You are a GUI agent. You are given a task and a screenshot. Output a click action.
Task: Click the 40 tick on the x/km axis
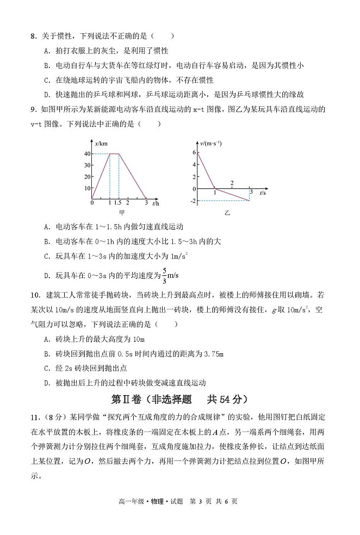pyautogui.click(x=86, y=153)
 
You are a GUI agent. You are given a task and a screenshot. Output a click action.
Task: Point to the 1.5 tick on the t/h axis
pyautogui.click(x=118, y=203)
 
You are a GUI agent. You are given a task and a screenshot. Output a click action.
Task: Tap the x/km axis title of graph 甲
pyautogui.click(x=101, y=144)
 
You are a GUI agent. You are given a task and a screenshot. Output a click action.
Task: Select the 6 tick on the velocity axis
pyautogui.click(x=193, y=152)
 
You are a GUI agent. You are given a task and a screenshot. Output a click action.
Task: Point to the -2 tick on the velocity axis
pyautogui.click(x=192, y=201)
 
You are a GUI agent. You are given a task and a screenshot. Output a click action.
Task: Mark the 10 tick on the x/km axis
pyautogui.click(x=86, y=188)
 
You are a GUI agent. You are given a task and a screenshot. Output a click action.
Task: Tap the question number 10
pyautogui.click(x=35, y=295)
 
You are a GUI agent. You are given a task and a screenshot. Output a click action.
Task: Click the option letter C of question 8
pyautogui.click(x=45, y=79)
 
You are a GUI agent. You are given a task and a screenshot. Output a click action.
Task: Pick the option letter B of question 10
pyautogui.click(x=45, y=354)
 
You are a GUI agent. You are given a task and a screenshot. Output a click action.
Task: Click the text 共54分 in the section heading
pyautogui.click(x=223, y=399)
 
